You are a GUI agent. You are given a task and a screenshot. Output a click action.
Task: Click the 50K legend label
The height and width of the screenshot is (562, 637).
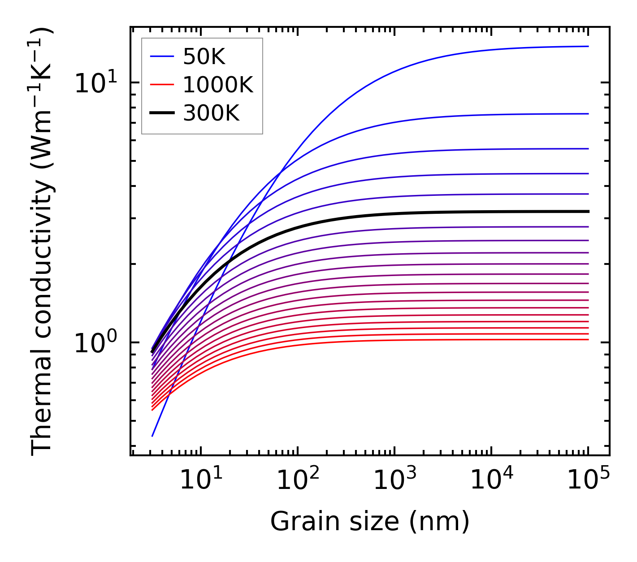coord(204,56)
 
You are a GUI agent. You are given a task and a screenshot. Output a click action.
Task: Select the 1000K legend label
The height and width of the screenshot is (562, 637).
coord(218,85)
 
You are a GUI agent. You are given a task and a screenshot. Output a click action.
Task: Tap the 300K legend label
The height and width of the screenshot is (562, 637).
coord(212,113)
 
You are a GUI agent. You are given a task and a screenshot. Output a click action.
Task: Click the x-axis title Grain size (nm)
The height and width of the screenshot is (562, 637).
coord(370,522)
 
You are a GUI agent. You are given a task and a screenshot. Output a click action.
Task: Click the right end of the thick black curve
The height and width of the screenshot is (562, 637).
coord(588,211)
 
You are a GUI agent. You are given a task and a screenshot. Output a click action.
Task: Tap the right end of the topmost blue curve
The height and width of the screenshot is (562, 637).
coord(588,46)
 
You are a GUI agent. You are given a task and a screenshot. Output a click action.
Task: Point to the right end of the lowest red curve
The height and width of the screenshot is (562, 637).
coord(588,339)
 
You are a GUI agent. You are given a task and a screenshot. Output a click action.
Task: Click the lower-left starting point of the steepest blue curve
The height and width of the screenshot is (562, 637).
coord(152,436)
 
